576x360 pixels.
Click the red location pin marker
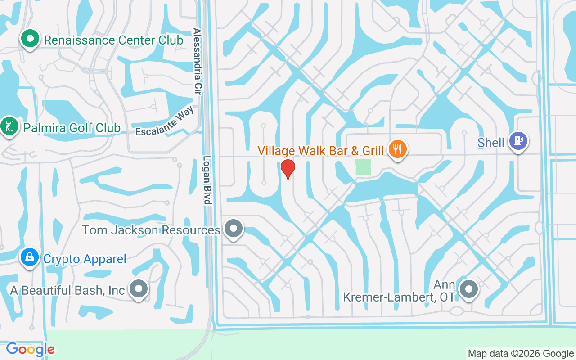coord(288,168)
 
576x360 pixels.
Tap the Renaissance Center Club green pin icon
coord(30,39)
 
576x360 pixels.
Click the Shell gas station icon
coord(518,141)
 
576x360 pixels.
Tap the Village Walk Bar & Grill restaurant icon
coord(397,148)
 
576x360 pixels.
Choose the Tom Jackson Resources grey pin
coord(233,229)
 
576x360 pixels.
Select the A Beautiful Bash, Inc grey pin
coord(139,288)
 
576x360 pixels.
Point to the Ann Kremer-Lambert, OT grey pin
coord(468,288)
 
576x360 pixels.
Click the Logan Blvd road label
coord(207,180)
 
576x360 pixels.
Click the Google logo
coord(30,349)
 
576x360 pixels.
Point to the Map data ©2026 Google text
coord(521,354)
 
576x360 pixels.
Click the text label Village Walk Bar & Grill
coord(320,150)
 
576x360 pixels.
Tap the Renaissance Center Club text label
coord(113,40)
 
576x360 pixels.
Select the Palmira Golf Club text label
coord(72,128)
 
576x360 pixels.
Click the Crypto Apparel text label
coord(85,259)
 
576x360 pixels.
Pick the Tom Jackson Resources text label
coord(151,230)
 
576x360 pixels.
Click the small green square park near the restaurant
coord(363,167)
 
